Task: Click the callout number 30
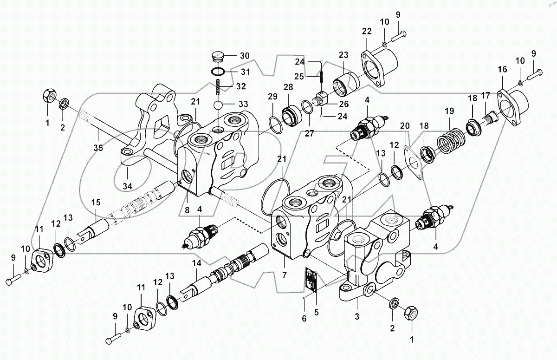244,56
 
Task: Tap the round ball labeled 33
220,105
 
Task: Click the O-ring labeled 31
219,72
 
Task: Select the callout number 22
367,31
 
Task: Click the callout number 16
502,69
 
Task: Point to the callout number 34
127,186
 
